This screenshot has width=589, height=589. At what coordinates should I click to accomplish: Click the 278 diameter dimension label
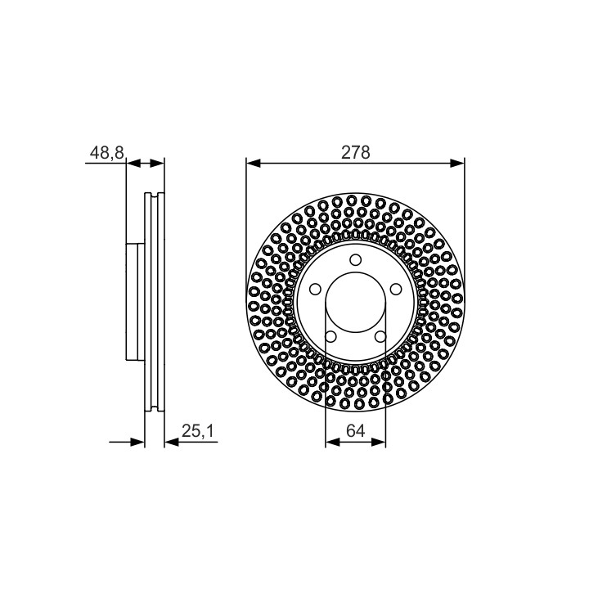(355, 152)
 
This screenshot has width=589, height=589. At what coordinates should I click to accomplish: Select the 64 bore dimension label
(355, 430)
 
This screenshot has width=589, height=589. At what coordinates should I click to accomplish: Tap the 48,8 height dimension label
(107, 153)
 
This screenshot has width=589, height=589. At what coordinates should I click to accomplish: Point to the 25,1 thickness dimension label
(198, 431)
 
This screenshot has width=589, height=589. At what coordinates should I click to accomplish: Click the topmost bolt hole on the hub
(355, 259)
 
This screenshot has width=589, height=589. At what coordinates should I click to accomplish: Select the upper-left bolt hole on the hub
(315, 289)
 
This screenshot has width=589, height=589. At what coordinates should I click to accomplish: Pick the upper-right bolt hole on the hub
(396, 289)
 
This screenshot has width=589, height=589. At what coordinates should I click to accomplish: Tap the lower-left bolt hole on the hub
(330, 336)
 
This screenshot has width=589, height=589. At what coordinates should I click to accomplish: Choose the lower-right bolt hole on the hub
(380, 336)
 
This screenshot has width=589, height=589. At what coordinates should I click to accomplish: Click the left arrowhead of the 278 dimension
(254, 164)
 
